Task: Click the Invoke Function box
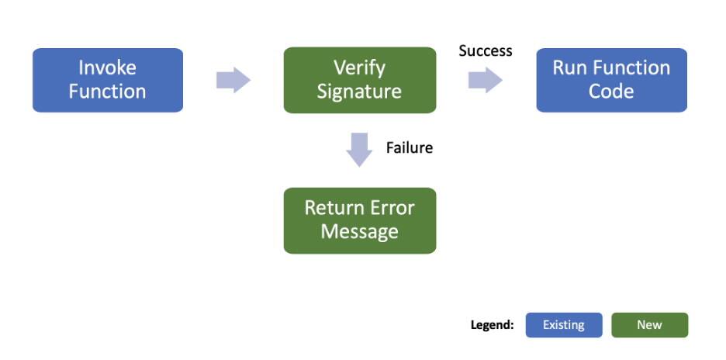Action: pos(107,80)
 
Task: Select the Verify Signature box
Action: pos(359,80)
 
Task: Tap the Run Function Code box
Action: pos(611,80)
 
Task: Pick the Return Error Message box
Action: pos(359,220)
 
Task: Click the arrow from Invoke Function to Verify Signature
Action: pos(233,80)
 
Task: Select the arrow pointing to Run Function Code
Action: pos(485,80)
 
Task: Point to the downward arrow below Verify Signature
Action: pos(359,150)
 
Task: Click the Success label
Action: pos(486,51)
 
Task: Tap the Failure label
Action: pos(409,147)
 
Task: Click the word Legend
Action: pos(492,325)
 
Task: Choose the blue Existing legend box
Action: pos(564,325)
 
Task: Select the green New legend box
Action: pos(649,325)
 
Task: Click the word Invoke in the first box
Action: pos(107,68)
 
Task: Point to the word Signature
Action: pos(359,92)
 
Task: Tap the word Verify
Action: pos(359,68)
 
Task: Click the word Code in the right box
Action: pos(611,92)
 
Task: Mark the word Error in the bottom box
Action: pos(389,208)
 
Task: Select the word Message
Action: pos(359,232)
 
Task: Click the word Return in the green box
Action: pos(333,208)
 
